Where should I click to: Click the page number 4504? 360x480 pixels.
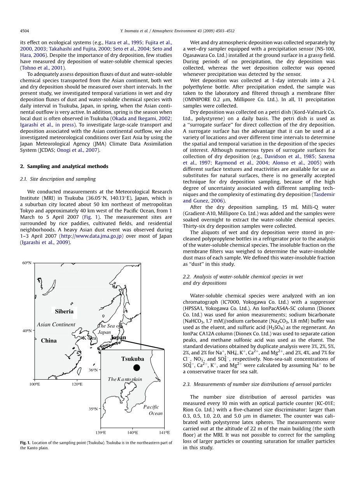(25, 31)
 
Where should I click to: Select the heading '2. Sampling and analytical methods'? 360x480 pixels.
(64, 166)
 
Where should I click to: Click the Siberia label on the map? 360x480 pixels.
(64, 311)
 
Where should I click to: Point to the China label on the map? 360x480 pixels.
(49, 341)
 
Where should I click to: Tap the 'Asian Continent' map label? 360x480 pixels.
(56, 324)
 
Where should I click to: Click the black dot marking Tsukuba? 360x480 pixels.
(136, 368)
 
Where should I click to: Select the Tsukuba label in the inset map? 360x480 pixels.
(132, 359)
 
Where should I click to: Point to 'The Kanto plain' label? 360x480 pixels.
(125, 379)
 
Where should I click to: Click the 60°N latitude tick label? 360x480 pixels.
(27, 263)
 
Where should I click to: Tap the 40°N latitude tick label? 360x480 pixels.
(27, 331)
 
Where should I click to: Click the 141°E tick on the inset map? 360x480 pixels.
(165, 433)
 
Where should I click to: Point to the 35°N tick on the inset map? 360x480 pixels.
(93, 409)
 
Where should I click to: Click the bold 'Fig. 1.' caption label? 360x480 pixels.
(25, 443)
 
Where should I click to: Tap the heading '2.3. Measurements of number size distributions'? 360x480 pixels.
(256, 384)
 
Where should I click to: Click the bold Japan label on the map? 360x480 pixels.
(118, 338)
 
